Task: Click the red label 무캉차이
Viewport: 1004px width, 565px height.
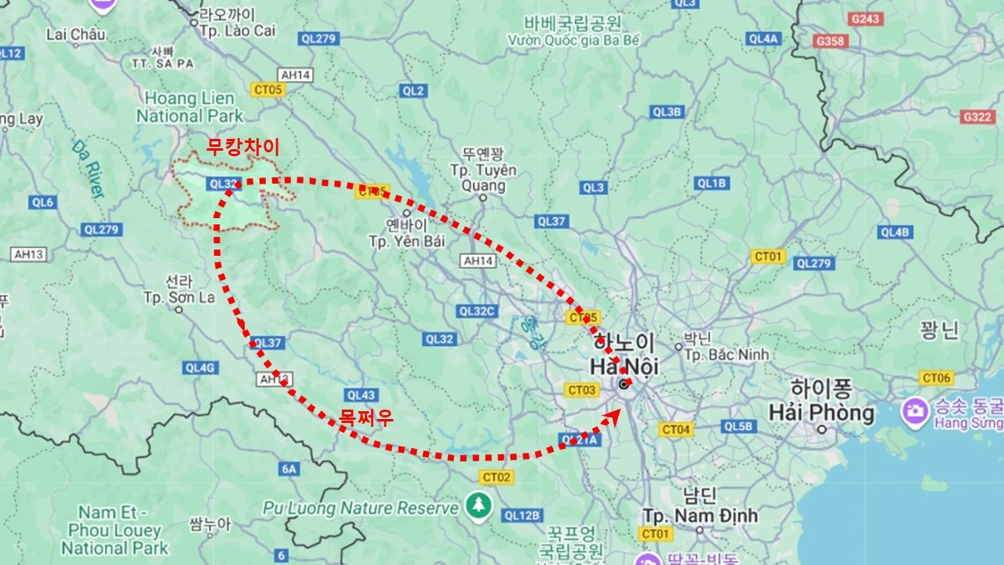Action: click(x=242, y=147)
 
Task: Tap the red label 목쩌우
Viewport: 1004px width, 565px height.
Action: click(x=366, y=417)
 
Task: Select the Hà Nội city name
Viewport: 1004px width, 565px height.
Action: click(x=624, y=366)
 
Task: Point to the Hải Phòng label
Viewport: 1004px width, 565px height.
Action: click(x=821, y=412)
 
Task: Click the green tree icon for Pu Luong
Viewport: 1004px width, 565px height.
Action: click(x=477, y=506)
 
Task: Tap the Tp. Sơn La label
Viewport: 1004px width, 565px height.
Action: click(x=179, y=297)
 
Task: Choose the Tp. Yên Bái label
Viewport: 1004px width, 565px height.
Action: click(x=406, y=240)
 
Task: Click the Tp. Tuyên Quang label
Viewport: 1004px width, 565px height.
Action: click(x=482, y=177)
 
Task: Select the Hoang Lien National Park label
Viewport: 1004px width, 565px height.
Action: click(x=190, y=108)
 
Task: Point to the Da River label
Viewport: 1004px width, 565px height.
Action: click(x=88, y=168)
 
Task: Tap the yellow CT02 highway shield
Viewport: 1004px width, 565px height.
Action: click(x=497, y=477)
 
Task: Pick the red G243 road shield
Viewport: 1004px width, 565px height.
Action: click(x=866, y=18)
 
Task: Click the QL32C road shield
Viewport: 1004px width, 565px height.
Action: click(x=478, y=311)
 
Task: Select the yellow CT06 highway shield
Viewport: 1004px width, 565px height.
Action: click(x=937, y=378)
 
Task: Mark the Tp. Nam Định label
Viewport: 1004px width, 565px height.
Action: click(x=700, y=516)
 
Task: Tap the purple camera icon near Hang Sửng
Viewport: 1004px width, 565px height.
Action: click(x=915, y=409)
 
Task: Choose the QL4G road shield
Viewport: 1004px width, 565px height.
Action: click(x=199, y=367)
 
